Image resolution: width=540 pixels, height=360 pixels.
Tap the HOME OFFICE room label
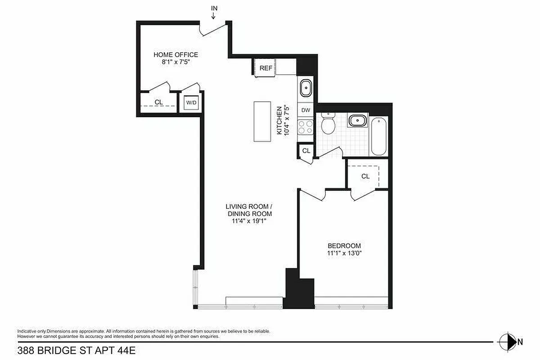[x=175, y=55]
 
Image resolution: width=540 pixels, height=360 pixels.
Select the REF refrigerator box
[x=266, y=68]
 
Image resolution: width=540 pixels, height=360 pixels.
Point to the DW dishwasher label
[x=306, y=110]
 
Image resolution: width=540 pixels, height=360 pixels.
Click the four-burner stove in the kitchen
[x=306, y=126]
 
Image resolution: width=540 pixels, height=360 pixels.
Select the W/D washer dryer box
[x=191, y=103]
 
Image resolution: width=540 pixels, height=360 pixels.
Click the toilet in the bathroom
[x=328, y=124]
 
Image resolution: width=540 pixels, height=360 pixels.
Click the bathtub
[x=378, y=135]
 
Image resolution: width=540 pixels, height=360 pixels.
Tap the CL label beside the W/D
[x=158, y=102]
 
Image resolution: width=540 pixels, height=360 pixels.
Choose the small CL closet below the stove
[x=306, y=151]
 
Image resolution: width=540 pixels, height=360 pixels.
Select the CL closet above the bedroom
[x=365, y=176]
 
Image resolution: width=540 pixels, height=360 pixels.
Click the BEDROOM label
[x=344, y=246]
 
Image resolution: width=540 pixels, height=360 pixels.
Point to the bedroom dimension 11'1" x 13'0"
[x=344, y=253]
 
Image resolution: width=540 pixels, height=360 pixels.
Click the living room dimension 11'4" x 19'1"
[x=249, y=221]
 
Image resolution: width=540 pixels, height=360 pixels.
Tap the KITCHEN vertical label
[x=279, y=121]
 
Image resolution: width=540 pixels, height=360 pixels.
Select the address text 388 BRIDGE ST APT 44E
[x=76, y=349]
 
